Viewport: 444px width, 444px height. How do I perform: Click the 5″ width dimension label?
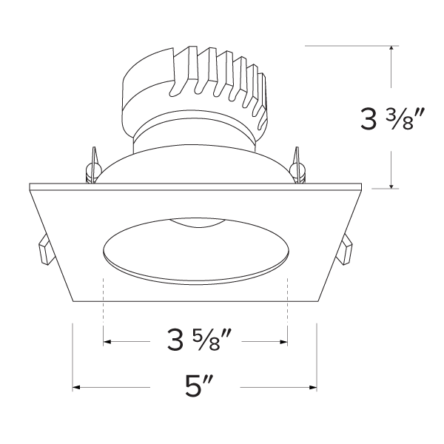pyautogui.click(x=198, y=388)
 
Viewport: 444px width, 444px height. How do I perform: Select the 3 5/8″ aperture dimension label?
pyautogui.click(x=197, y=342)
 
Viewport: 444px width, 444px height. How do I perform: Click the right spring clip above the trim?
pyautogui.click(x=298, y=167)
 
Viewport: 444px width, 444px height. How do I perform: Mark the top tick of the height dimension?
pyautogui.click(x=390, y=46)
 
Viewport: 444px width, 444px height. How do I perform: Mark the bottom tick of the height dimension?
pyautogui.click(x=390, y=188)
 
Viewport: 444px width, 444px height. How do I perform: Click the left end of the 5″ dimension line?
pyautogui.click(x=73, y=387)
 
